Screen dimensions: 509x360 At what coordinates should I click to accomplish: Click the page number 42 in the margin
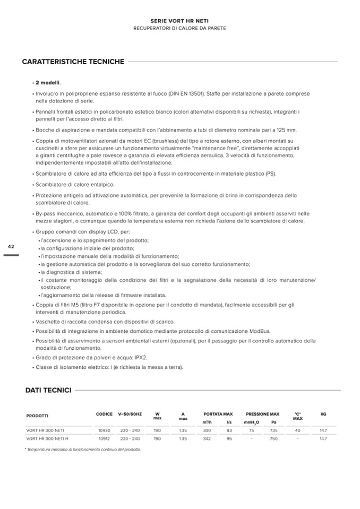[x=11, y=247]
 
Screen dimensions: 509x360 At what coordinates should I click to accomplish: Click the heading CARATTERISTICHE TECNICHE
[x=73, y=62]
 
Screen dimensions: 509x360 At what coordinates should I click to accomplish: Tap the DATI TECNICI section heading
[x=48, y=390]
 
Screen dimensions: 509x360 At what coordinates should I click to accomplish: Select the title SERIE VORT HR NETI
[x=179, y=20]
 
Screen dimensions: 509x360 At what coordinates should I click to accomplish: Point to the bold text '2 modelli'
[x=48, y=83]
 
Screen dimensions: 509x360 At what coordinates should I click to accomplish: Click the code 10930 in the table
[x=104, y=430]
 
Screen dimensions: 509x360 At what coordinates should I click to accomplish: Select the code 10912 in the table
[x=104, y=439]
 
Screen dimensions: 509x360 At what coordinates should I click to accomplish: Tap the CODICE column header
[x=104, y=414]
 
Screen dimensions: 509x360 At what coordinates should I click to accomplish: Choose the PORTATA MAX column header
[x=218, y=414]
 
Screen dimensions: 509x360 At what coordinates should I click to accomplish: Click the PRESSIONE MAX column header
[x=262, y=414]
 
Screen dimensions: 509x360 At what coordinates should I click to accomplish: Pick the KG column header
[x=323, y=414]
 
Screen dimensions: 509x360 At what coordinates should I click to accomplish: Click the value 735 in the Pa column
[x=274, y=430]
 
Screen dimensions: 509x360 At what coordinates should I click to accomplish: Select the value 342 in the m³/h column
[x=207, y=439]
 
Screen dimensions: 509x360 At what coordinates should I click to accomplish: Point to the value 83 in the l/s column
[x=229, y=430]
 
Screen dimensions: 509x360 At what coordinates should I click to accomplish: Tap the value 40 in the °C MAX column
[x=297, y=430]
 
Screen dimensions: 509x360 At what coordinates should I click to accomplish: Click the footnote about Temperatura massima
[x=83, y=450]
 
